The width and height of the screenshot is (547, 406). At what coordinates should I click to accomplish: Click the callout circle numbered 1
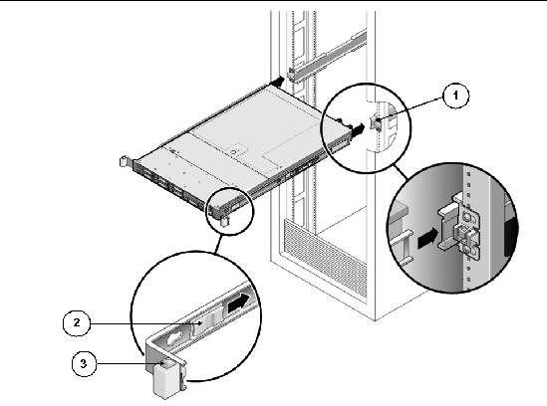click(x=455, y=96)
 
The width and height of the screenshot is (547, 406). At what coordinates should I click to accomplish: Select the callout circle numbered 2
click(x=77, y=323)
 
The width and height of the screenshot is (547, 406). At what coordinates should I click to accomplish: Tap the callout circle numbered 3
click(x=84, y=363)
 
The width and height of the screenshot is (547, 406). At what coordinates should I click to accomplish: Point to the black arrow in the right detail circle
click(x=427, y=238)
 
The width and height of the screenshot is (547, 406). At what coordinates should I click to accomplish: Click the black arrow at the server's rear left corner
click(x=278, y=82)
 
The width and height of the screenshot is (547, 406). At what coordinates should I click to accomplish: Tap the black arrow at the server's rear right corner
click(x=357, y=130)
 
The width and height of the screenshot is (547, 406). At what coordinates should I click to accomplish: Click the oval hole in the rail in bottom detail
click(x=175, y=338)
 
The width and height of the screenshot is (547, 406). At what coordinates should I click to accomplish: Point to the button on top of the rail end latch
click(x=167, y=363)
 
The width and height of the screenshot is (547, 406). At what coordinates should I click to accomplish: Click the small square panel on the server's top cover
click(x=238, y=149)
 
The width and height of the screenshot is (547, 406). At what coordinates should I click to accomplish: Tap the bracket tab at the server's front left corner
click(x=125, y=162)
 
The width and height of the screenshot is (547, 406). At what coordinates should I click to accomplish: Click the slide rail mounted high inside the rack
click(x=327, y=57)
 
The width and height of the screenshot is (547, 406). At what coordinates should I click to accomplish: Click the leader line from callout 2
click(x=144, y=324)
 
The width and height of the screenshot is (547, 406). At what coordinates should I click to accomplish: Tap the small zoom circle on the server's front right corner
click(x=230, y=211)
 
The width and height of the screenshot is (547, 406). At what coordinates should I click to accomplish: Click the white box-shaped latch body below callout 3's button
click(x=166, y=382)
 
